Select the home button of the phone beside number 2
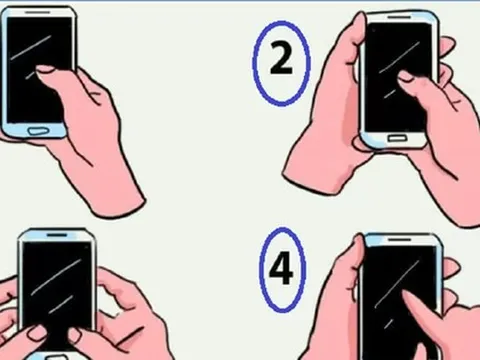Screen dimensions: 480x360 (397, 137)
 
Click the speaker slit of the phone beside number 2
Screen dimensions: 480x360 (400, 16)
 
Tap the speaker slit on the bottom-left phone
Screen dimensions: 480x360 (57, 235)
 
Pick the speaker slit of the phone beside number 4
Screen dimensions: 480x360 (400, 239)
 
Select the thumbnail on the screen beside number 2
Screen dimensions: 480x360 (405, 76)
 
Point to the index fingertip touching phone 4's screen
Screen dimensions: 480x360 (405, 295)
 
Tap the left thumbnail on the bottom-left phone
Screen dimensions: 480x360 (36, 333)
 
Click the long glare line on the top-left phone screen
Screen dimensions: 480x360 (31, 48)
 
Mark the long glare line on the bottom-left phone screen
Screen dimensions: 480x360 (55, 277)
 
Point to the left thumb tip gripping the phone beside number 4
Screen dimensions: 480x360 (357, 247)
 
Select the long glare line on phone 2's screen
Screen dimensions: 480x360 (399, 57)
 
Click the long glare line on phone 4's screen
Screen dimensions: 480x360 (397, 284)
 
